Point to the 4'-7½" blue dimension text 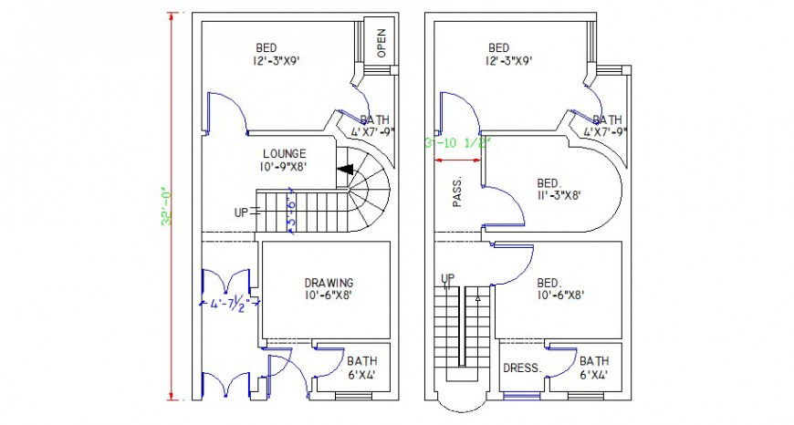point(228,302)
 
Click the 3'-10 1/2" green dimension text point(458,143)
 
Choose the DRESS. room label point(522,368)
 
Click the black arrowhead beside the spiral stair point(346,170)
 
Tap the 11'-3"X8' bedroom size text point(559,194)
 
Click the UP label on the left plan point(241,212)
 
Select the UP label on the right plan point(448,278)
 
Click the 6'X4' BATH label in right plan point(594,368)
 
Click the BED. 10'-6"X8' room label point(559,288)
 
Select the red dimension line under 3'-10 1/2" point(458,161)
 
